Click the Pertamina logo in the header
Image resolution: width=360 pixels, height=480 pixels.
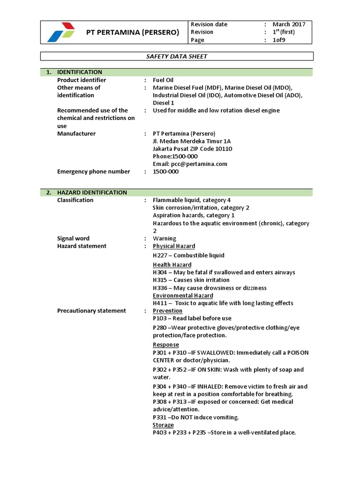pyautogui.click(x=61, y=32)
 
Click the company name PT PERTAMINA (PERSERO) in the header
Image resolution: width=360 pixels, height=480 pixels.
pyautogui.click(x=133, y=32)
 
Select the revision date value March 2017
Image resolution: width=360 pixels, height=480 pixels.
pyautogui.click(x=289, y=24)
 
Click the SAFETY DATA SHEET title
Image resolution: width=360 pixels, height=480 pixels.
pyautogui.click(x=177, y=56)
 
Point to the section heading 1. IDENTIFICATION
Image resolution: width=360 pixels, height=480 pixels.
pyautogui.click(x=79, y=72)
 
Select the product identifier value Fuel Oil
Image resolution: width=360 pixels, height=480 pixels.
pyautogui.click(x=163, y=80)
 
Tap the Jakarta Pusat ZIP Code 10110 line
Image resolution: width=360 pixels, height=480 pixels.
pyautogui.click(x=192, y=149)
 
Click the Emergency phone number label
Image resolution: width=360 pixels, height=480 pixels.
pyautogui.click(x=93, y=172)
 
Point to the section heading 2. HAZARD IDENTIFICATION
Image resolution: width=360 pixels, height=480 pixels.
pyautogui.click(x=91, y=193)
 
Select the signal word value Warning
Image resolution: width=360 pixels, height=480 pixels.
pyautogui.click(x=165, y=239)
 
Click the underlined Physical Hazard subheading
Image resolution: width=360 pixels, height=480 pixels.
pyautogui.click(x=174, y=246)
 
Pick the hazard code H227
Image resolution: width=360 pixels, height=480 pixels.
pyautogui.click(x=160, y=255)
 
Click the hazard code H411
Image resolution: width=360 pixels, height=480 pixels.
pyautogui.click(x=160, y=303)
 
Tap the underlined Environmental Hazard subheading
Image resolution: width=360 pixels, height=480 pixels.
pyautogui.click(x=183, y=296)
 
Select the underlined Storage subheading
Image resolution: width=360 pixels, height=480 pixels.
pyautogui.click(x=163, y=425)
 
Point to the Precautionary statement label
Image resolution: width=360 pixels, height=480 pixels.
pyautogui.click(x=91, y=311)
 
